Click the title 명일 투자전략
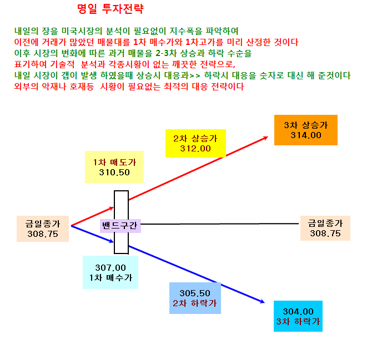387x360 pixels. pyautogui.click(x=110, y=9)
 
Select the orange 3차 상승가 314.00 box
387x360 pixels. pyautogui.click(x=306, y=130)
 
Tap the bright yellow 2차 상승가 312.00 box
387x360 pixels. pyautogui.click(x=195, y=143)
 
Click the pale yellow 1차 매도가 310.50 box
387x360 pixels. pyautogui.click(x=114, y=167)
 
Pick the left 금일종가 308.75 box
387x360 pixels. pyautogui.click(x=43, y=229)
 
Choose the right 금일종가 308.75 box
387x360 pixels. pyautogui.click(x=325, y=228)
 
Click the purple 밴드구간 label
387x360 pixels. pyautogui.click(x=120, y=226)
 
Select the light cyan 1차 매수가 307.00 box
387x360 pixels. pyautogui.click(x=110, y=272)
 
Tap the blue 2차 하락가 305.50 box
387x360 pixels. pyautogui.click(x=195, y=298)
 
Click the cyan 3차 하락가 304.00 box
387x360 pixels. pyautogui.click(x=298, y=316)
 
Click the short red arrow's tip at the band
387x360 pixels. pyautogui.click(x=113, y=207)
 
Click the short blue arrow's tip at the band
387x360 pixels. pyautogui.click(x=113, y=242)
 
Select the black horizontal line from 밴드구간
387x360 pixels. pyautogui.click(x=220, y=224)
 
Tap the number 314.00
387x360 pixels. pyautogui.click(x=306, y=135)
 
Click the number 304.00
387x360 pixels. pyautogui.click(x=298, y=311)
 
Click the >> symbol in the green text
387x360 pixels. pyautogui.click(x=195, y=75)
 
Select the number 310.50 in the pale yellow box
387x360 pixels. pyautogui.click(x=114, y=173)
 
